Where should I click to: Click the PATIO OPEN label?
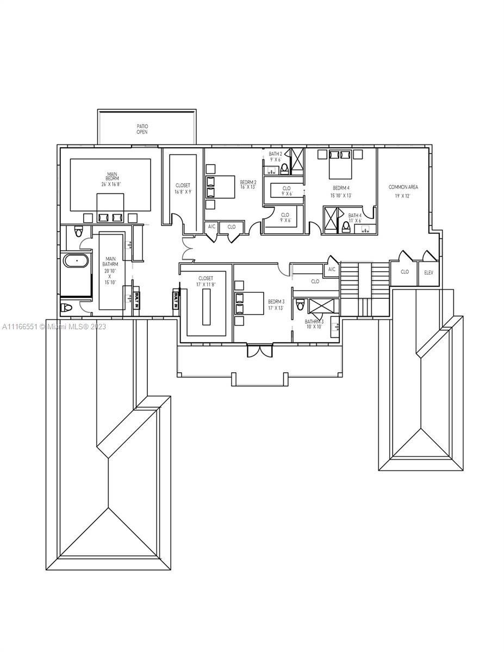pos(142,129)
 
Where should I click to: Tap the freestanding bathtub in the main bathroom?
pos(77,261)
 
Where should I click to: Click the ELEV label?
pos(429,272)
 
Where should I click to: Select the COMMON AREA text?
pos(403,187)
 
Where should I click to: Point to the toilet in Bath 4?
pos(346,227)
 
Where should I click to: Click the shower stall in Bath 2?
pos(296,161)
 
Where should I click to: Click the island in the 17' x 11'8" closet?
pos(206,306)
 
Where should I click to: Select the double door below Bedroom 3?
pos(258,351)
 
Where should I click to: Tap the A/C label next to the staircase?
pos(332,269)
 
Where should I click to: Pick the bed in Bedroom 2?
pos(220,187)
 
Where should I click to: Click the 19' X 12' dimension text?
pos(403,196)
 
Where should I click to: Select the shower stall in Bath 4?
pos(330,220)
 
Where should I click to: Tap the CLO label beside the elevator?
pos(405,272)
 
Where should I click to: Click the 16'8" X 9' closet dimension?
pos(183,192)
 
